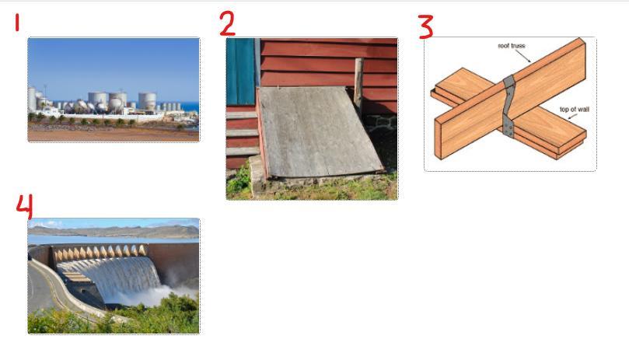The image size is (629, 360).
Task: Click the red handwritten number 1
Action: pyautogui.click(x=17, y=22)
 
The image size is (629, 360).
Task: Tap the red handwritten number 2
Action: pyautogui.click(x=227, y=23)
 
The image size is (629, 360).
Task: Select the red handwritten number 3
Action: pyautogui.click(x=426, y=27)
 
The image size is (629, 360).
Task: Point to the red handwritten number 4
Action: pyautogui.click(x=24, y=207)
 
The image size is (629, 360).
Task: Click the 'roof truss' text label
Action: pyautogui.click(x=512, y=46)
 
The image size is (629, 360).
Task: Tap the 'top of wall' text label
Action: pyautogui.click(x=575, y=109)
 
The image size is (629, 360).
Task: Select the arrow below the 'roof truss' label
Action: pyautogui.click(x=523, y=56)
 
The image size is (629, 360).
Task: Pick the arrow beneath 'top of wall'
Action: pyautogui.click(x=572, y=117)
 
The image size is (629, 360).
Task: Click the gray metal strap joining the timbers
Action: pyautogui.click(x=508, y=107)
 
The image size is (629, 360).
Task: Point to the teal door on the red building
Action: pyautogui.click(x=240, y=72)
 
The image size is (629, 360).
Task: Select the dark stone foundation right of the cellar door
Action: pyautogui.click(x=381, y=138)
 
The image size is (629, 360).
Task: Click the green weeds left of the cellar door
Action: pyautogui.click(x=239, y=180)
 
